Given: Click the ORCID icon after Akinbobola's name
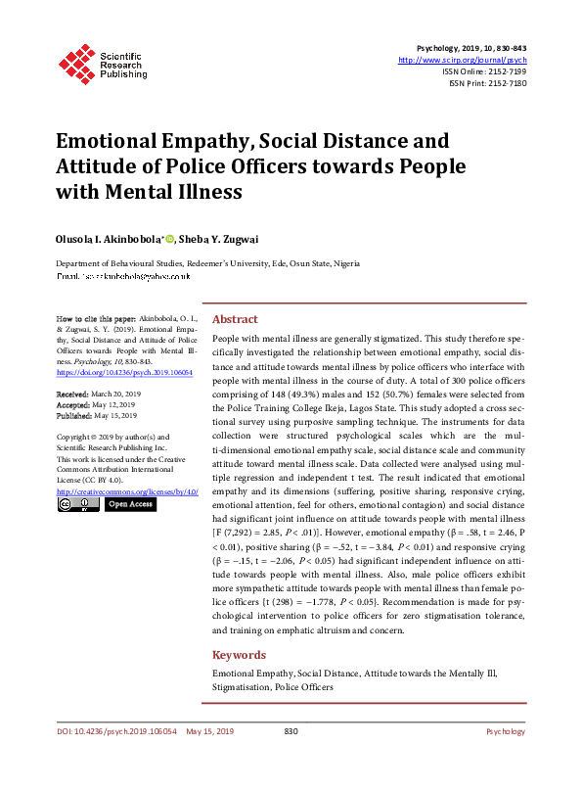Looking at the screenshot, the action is (169, 237).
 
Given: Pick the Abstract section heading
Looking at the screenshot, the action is (235, 320).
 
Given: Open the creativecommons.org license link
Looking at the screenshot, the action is (128, 490).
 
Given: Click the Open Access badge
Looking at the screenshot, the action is (130, 504).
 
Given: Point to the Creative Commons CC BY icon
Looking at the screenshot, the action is (78, 504).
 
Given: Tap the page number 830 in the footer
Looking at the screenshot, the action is (291, 759).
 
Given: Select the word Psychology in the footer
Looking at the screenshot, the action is (506, 759).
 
